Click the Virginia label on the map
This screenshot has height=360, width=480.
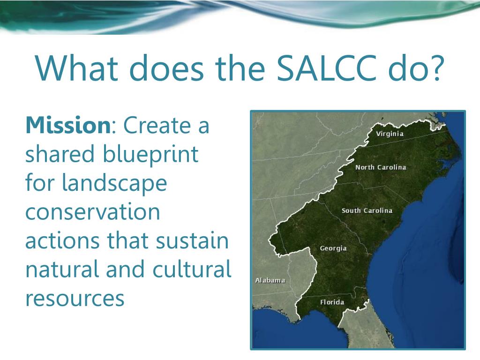pyautogui.click(x=390, y=134)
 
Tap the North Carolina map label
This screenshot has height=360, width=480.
pyautogui.click(x=381, y=167)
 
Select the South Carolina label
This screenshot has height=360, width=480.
pyautogui.click(x=367, y=210)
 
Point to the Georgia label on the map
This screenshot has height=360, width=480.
pyautogui.click(x=333, y=248)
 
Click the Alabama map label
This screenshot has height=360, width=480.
pyautogui.click(x=270, y=280)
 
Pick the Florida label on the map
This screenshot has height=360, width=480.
pyautogui.click(x=332, y=302)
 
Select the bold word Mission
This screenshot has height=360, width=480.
pyautogui.click(x=67, y=126)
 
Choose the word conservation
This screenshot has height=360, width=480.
pyautogui.click(x=93, y=212)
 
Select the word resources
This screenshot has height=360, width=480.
pyautogui.click(x=75, y=299)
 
